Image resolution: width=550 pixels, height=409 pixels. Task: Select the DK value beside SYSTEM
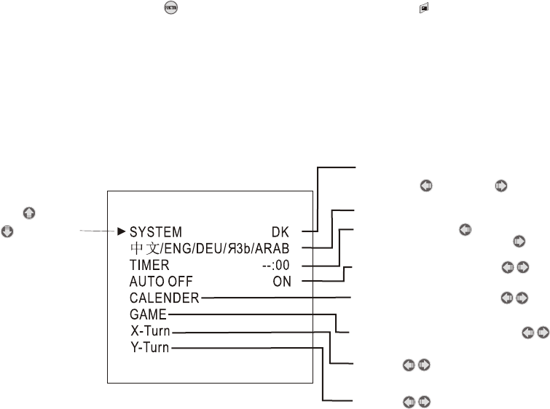coord(280,233)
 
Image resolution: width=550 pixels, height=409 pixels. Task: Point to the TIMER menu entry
coord(149,266)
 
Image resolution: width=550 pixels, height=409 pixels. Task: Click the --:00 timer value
coord(275,266)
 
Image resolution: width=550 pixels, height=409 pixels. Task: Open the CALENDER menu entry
coord(165,298)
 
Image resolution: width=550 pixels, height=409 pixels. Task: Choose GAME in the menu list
coord(149,314)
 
